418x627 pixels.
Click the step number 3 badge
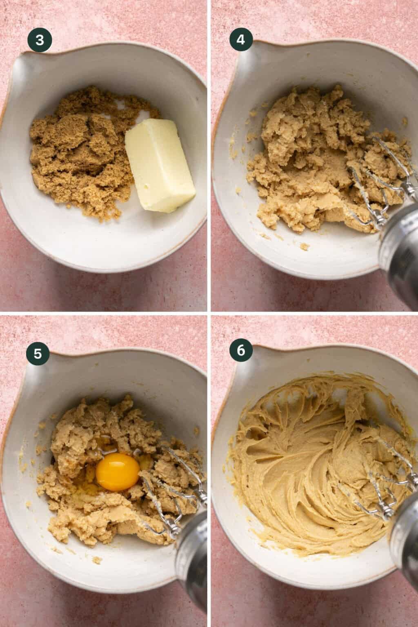40,40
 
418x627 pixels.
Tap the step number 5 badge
38,354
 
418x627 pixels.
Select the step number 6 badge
241,351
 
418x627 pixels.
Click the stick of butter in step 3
160,165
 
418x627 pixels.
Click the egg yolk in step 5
118,472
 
